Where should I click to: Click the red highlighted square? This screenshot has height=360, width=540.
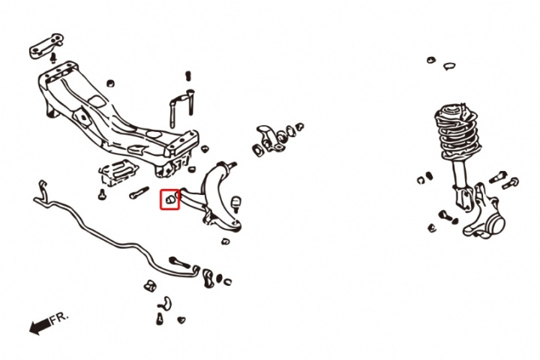pos(169,199)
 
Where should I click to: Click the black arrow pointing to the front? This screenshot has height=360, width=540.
pos(40,326)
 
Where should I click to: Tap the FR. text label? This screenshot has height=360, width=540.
pos(59,319)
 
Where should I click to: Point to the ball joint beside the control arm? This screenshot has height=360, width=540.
pos(235,204)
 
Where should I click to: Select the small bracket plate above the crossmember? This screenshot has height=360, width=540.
pos(45,46)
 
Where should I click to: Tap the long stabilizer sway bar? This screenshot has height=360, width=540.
pos(114,238)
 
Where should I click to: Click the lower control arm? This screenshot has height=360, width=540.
pos(214,196)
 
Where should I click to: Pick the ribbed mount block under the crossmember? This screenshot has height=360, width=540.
pos(118,172)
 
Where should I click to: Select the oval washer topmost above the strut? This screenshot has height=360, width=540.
pos(430,60)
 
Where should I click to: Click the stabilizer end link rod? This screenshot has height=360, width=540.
pos(179,262)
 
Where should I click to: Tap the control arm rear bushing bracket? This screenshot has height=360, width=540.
pos(270,139)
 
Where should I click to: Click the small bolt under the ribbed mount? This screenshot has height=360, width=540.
pos(102,195)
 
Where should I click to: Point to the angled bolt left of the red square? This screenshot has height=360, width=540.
pos(139,193)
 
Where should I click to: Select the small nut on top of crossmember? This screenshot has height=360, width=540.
pos(110,83)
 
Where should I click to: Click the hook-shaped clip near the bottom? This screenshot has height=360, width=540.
pos(166,303)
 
